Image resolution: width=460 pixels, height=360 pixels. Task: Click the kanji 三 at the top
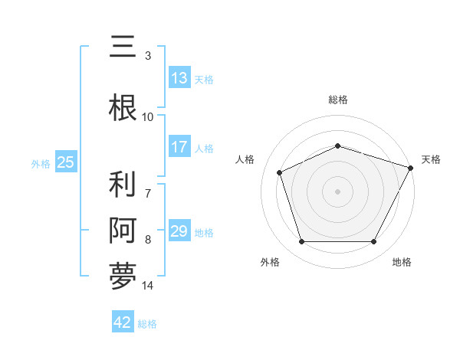pyautogui.click(x=123, y=47)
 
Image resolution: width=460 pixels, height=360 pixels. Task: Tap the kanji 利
pyautogui.click(x=123, y=186)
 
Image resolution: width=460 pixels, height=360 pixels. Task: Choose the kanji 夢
pyautogui.click(x=123, y=276)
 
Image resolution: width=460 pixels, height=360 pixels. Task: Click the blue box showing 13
pyautogui.click(x=179, y=78)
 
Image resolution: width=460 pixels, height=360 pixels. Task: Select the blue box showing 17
pyautogui.click(x=179, y=147)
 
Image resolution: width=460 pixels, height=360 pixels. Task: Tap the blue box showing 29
pyautogui.click(x=179, y=231)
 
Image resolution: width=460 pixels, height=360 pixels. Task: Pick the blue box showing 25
pyautogui.click(x=65, y=162)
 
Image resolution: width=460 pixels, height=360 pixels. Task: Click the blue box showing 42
pyautogui.click(x=123, y=322)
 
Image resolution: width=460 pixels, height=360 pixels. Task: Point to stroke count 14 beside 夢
pyautogui.click(x=148, y=286)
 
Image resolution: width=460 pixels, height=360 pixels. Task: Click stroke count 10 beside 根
pyautogui.click(x=148, y=117)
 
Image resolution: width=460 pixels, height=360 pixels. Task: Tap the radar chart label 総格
pyautogui.click(x=337, y=100)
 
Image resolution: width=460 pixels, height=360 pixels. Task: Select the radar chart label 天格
pyautogui.click(x=431, y=159)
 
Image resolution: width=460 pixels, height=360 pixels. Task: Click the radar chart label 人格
pyautogui.click(x=245, y=159)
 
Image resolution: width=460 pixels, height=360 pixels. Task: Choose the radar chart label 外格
pyautogui.click(x=270, y=262)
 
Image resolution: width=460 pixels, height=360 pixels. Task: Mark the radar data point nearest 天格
pyautogui.click(x=411, y=167)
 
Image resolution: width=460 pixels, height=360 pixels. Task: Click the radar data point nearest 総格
pyautogui.click(x=337, y=146)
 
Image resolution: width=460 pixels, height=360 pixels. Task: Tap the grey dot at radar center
pyautogui.click(x=337, y=191)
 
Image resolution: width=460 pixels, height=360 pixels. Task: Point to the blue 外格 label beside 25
pyautogui.click(x=41, y=163)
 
